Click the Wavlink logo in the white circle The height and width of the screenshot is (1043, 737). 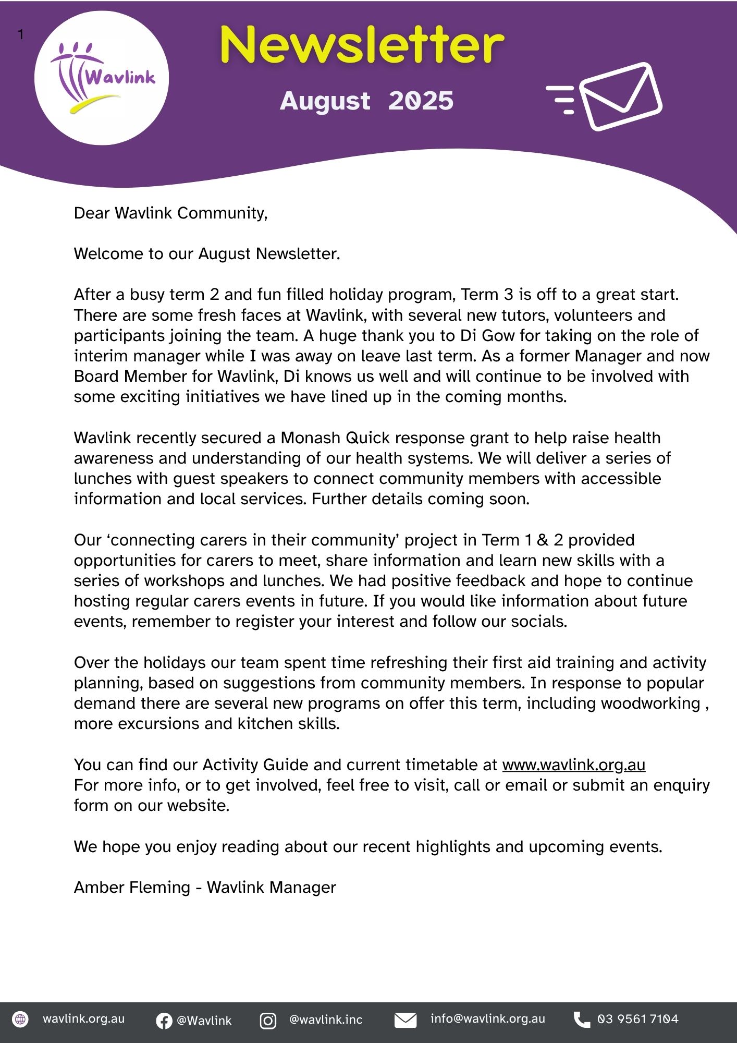pyautogui.click(x=102, y=78)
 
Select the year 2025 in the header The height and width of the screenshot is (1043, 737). pyautogui.click(x=421, y=101)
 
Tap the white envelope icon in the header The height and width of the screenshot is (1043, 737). pyautogui.click(x=620, y=96)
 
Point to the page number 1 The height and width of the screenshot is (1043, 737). pyautogui.click(x=21, y=35)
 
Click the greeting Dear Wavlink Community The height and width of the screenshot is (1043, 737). pyautogui.click(x=170, y=213)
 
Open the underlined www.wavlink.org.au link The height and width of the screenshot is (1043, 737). pyautogui.click(x=573, y=765)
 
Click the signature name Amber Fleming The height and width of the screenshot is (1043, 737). pyautogui.click(x=132, y=887)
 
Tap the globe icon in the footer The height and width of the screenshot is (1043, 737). pyautogui.click(x=20, y=1019)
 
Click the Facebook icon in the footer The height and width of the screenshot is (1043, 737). pyautogui.click(x=164, y=1021)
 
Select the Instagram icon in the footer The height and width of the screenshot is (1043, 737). pyautogui.click(x=268, y=1021)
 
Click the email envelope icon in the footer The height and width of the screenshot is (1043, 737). pyautogui.click(x=406, y=1020)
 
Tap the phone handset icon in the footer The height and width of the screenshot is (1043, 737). pyautogui.click(x=581, y=1020)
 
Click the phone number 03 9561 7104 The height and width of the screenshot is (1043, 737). pyautogui.click(x=637, y=1019)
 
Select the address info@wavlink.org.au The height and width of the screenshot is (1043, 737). pyautogui.click(x=487, y=1019)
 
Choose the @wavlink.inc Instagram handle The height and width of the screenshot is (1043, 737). pyautogui.click(x=326, y=1020)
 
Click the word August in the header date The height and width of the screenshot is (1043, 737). pyautogui.click(x=325, y=101)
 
